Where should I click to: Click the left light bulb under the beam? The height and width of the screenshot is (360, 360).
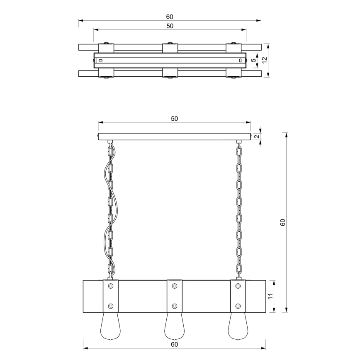pyautogui.click(x=110, y=326)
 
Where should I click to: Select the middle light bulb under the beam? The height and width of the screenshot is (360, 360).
pyautogui.click(x=174, y=326)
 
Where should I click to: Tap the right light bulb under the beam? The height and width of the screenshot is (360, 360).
pyautogui.click(x=238, y=326)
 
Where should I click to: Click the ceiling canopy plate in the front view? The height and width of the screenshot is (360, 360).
pyautogui.click(x=174, y=136)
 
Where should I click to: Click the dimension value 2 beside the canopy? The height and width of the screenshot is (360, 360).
pyautogui.click(x=257, y=136)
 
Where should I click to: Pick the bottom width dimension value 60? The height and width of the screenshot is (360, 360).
pyautogui.click(x=174, y=344)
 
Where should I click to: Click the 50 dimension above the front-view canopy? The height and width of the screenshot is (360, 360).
pyautogui.click(x=174, y=119)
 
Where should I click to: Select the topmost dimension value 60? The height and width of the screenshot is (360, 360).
pyautogui.click(x=169, y=17)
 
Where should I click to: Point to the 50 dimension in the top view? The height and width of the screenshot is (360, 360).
pyautogui.click(x=169, y=26)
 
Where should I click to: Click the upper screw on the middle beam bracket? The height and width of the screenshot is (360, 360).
pyautogui.click(x=174, y=286)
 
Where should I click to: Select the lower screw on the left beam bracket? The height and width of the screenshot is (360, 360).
pyautogui.click(x=110, y=306)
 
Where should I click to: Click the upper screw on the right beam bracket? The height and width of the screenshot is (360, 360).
pyautogui.click(x=238, y=286)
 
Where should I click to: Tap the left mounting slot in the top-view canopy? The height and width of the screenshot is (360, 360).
pyautogui.click(x=100, y=61)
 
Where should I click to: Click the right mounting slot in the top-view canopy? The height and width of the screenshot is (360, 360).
pyautogui.click(x=240, y=61)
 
